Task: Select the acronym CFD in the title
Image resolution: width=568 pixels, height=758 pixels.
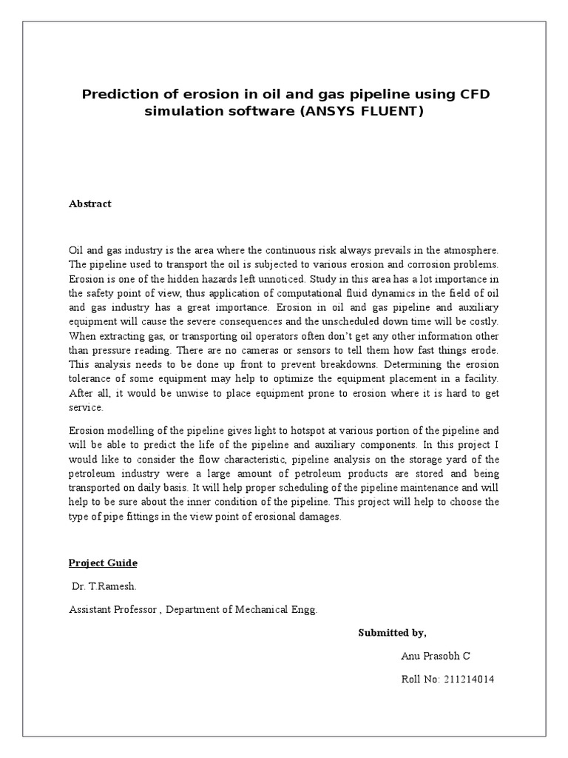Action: (x=471, y=95)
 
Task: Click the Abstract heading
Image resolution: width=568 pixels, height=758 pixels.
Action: (x=89, y=204)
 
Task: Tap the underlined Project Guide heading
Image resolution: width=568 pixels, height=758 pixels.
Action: (x=103, y=563)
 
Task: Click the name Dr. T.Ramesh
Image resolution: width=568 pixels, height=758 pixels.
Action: (x=104, y=586)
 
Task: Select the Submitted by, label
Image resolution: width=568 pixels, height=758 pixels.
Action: (x=392, y=633)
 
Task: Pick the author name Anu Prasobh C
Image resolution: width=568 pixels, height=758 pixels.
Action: (x=436, y=656)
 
